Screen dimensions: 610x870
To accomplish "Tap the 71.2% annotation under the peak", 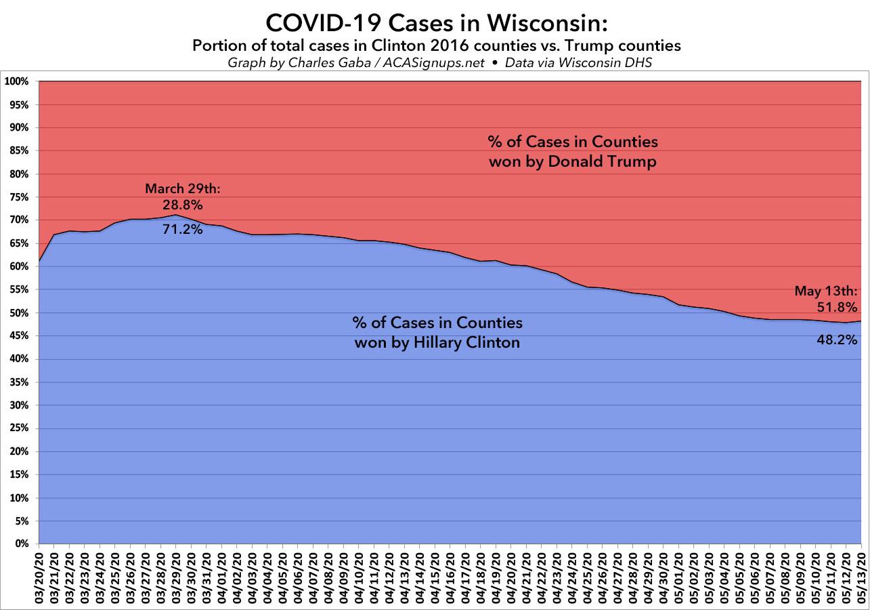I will click(182, 230).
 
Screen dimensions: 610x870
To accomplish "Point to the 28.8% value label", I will click(182, 204).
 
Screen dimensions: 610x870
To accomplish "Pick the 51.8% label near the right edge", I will click(838, 307).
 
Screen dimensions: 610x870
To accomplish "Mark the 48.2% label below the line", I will click(838, 340).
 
